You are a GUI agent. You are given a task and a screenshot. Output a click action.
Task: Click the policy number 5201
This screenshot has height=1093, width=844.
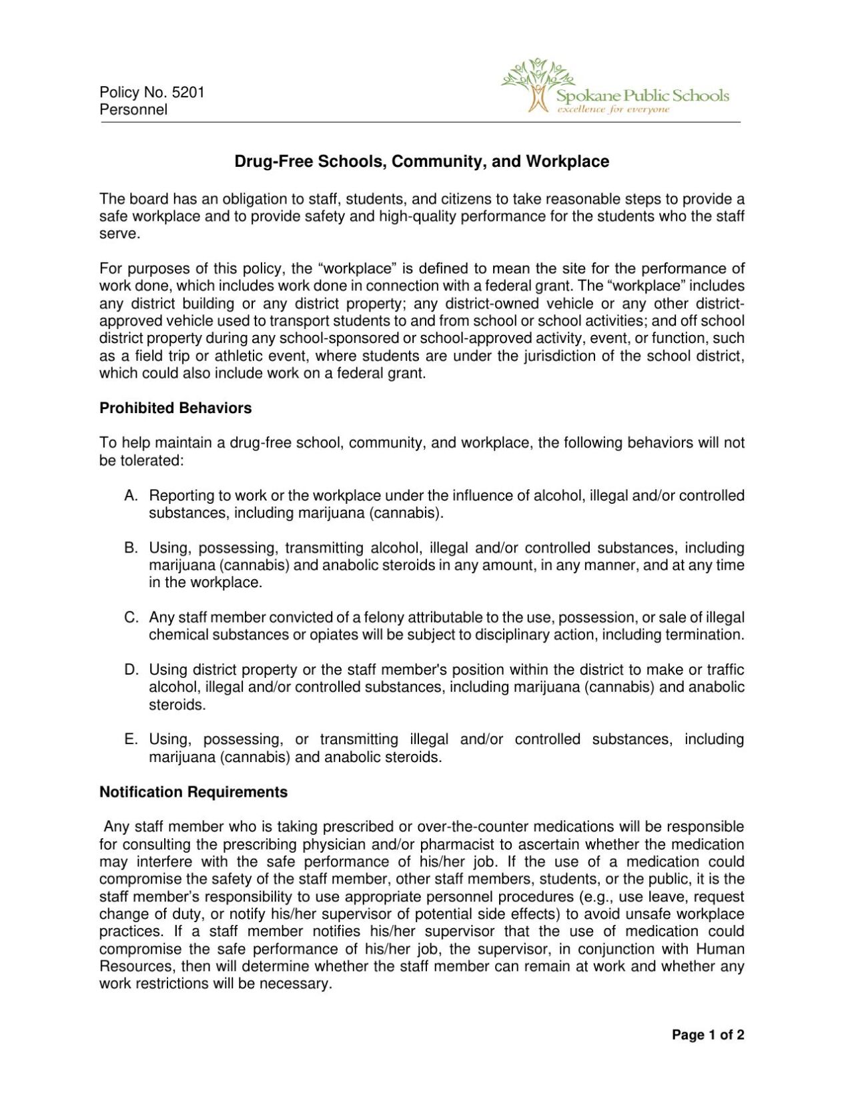coord(188,92)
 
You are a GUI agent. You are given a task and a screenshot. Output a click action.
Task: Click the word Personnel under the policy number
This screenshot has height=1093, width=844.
coord(133,109)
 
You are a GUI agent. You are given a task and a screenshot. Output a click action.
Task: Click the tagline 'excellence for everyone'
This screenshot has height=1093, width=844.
coord(612,109)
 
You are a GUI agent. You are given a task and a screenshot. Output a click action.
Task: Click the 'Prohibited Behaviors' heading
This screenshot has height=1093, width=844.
coord(175,408)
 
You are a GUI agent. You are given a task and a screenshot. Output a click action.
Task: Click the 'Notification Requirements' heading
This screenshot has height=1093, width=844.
coord(193,792)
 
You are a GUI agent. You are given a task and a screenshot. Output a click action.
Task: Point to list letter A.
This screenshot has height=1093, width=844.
coord(130,495)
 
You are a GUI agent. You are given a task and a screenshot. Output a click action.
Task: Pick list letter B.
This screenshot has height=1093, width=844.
coord(130,548)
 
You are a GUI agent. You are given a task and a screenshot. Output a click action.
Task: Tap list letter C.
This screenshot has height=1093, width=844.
coord(130,617)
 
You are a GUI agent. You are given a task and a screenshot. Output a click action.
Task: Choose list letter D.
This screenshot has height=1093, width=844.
coord(130,669)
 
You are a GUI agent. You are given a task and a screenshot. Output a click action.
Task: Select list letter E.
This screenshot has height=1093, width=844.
coord(130,739)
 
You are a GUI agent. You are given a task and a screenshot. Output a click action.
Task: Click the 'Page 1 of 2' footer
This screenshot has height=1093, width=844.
coord(707,1035)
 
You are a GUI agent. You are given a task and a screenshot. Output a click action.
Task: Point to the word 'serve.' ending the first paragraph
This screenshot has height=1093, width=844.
coord(119,234)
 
